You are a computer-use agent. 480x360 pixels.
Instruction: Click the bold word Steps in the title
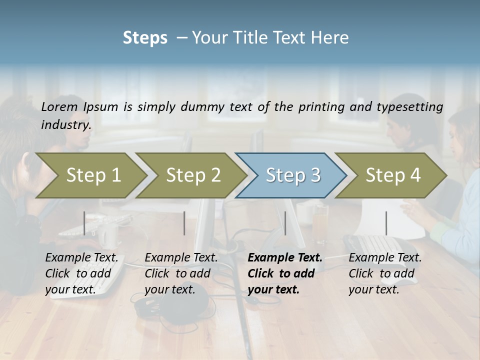(145, 38)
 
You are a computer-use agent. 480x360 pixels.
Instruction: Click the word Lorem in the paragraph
(59, 106)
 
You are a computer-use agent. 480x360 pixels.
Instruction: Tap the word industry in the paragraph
(66, 125)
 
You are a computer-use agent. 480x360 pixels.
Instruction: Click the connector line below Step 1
(84, 223)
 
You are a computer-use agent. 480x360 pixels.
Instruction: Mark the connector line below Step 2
(184, 223)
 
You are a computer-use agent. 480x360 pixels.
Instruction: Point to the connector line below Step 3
(285, 223)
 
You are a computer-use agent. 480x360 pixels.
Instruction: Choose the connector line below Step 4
(386, 223)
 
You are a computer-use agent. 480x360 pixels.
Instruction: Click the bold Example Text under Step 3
(285, 258)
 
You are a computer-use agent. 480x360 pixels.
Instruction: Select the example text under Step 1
(81, 273)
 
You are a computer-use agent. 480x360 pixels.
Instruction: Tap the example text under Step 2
(181, 273)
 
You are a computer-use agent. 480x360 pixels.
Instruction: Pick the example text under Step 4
(385, 273)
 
